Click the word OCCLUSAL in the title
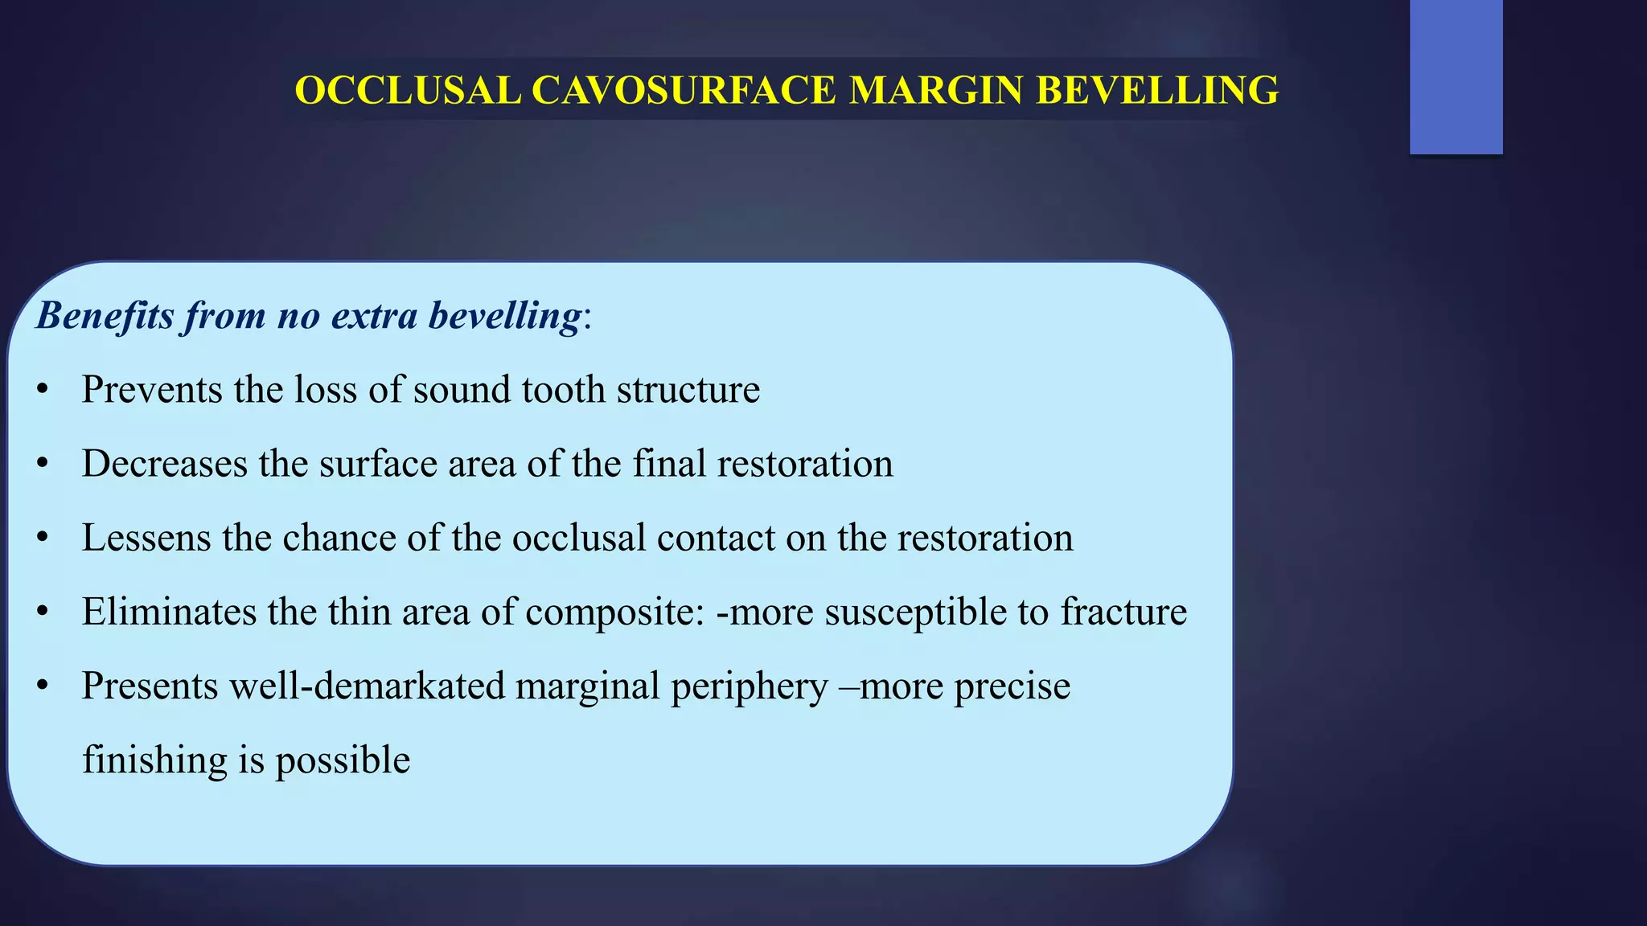coord(408,90)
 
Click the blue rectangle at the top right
coord(1456,76)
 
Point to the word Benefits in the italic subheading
coord(105,315)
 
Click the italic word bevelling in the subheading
coord(504,315)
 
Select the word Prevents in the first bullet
coord(152,390)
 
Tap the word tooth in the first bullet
coord(563,390)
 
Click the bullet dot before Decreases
coord(43,465)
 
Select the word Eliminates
coord(169,612)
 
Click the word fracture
coord(1123,612)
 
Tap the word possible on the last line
coord(343,760)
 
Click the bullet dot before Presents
coord(43,686)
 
